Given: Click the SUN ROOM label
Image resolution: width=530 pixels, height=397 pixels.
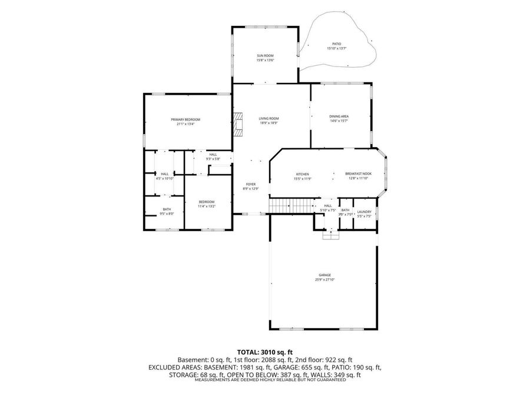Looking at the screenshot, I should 265,55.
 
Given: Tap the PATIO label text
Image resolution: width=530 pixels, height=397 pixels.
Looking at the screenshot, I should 336,44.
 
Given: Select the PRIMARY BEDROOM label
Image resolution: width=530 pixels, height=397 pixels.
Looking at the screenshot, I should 185,119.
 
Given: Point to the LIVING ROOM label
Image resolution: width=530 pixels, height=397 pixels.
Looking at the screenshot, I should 269,118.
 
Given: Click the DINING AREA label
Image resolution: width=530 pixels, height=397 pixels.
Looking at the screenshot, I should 339,116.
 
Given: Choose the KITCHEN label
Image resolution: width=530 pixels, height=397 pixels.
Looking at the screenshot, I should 302,174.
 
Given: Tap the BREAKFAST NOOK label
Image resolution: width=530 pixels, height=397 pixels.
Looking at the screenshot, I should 357,174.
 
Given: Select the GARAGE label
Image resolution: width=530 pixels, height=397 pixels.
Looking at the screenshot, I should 324,275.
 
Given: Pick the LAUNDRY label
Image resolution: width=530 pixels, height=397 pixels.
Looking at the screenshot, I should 364,212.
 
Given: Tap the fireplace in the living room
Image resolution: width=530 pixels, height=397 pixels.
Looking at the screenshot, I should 237,124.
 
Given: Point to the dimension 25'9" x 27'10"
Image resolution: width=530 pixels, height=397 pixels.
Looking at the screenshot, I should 324,280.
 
